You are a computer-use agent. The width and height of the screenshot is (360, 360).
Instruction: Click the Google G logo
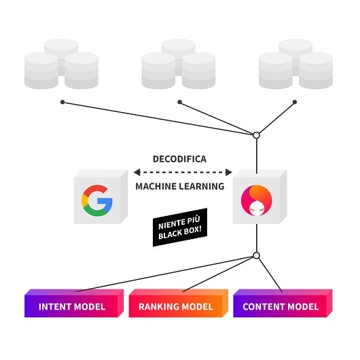pos(97,200)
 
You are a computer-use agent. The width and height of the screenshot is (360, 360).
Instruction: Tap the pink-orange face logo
pos(257,200)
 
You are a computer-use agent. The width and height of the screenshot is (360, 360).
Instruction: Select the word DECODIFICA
pos(179,159)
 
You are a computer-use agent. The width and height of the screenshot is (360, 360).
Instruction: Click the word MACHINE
pos(156,186)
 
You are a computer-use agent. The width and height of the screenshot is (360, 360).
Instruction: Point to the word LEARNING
pos(202,186)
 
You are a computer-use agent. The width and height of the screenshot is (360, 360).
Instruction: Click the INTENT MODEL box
pos(74,303)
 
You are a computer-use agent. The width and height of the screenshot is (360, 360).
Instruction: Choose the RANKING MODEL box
pos(179,303)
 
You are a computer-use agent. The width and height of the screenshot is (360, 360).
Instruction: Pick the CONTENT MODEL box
pos(283,303)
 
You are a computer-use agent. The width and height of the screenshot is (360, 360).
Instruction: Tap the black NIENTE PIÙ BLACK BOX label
pos(180,228)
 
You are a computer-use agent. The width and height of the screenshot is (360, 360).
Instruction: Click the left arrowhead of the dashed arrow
pos(137,173)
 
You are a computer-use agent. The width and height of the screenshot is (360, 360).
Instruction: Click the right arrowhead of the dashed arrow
pos(229,173)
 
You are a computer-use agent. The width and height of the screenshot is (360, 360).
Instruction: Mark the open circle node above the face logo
pos(257,135)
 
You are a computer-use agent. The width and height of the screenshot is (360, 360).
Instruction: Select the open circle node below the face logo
pos(257,255)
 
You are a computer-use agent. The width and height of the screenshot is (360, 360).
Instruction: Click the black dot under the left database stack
pos(62,102)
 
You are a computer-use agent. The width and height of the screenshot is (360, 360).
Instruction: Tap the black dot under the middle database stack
pos(180,102)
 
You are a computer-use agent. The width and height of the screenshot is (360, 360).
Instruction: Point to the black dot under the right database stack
pos(295,102)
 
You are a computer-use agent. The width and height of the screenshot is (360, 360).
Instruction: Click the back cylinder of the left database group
pos(61,47)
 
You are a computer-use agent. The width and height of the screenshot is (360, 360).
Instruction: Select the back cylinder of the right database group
pos(295,47)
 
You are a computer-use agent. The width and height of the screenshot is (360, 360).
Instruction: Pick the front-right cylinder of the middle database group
pos(199,71)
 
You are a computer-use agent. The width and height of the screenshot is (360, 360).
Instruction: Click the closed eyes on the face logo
pos(257,209)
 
